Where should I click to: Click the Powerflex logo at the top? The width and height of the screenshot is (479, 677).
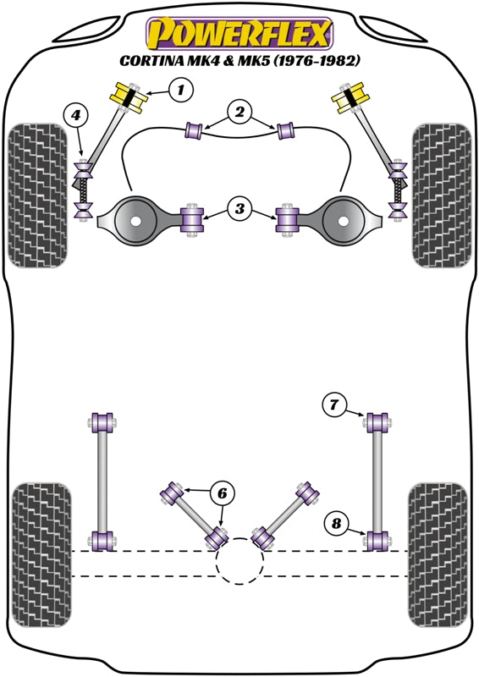239,34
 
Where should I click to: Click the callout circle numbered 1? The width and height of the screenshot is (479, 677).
180,88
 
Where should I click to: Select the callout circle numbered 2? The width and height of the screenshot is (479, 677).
239,111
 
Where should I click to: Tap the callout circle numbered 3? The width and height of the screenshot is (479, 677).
239,208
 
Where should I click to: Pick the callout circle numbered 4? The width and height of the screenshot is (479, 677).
76,114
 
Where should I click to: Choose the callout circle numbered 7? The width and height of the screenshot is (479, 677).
334,406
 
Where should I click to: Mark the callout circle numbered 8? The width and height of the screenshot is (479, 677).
335,525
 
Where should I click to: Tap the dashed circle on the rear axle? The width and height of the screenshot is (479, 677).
239,560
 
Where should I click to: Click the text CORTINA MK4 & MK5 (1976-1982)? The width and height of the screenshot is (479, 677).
239,61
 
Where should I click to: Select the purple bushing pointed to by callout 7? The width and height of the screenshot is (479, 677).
377,421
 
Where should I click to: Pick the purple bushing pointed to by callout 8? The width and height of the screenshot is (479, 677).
377,538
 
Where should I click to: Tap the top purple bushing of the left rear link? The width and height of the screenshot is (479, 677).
104,421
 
